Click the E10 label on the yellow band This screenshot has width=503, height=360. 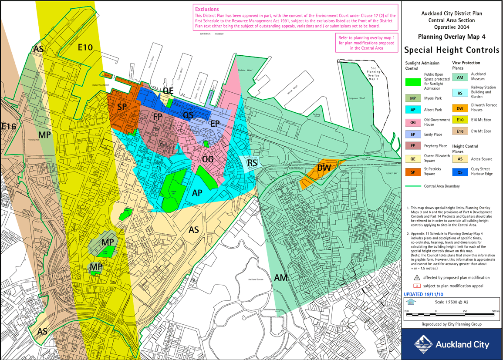pyautogui.click(x=85, y=47)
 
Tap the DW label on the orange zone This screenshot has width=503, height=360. pyautogui.click(x=324, y=168)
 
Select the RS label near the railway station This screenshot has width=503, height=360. pyautogui.click(x=253, y=163)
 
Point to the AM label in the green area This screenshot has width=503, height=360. pyautogui.click(x=282, y=277)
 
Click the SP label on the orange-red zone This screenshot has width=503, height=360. pyautogui.click(x=122, y=107)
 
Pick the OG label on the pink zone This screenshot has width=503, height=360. pyautogui.click(x=208, y=160)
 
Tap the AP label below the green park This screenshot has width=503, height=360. pyautogui.click(x=197, y=192)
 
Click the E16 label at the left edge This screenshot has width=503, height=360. pyautogui.click(x=9, y=127)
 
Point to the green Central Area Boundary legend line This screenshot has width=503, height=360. pyautogui.click(x=414, y=186)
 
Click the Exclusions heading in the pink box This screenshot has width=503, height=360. pyautogui.click(x=207, y=9)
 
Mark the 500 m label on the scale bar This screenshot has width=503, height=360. pyautogui.click(x=495, y=311)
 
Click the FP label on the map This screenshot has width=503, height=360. pyautogui.click(x=158, y=117)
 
